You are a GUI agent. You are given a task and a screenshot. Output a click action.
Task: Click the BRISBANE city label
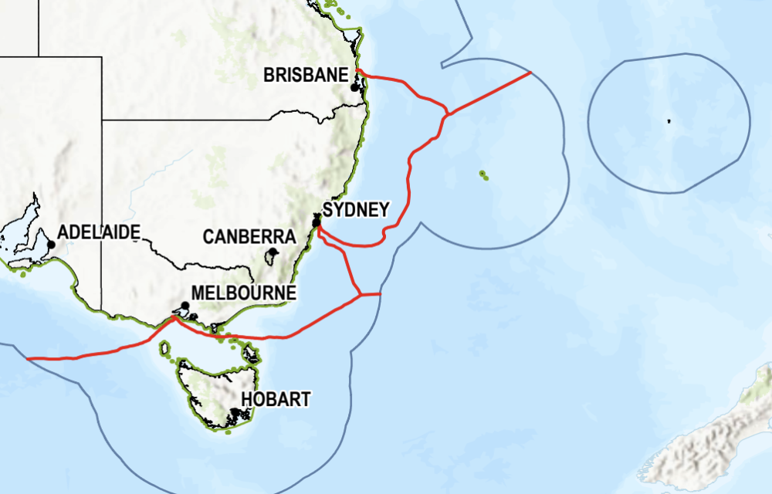(306, 75)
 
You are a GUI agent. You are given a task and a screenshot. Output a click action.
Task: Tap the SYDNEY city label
(356, 210)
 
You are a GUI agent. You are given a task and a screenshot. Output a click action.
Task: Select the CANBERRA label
(249, 237)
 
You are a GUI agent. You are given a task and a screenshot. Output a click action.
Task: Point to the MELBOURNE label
(243, 293)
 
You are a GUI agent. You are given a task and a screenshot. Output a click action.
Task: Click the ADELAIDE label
(99, 231)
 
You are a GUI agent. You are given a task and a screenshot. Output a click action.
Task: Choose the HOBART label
(276, 399)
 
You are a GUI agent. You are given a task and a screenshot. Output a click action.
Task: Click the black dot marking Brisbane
(354, 87)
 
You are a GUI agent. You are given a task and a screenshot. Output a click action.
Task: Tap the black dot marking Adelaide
(51, 245)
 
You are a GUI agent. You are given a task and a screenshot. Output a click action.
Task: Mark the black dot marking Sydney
(316, 223)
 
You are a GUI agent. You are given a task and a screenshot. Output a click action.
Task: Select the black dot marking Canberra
(273, 252)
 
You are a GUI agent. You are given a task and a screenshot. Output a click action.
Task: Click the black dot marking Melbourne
(185, 306)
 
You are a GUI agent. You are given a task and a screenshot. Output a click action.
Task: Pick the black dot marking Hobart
(234, 412)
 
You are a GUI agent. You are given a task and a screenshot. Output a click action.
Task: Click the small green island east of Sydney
(484, 174)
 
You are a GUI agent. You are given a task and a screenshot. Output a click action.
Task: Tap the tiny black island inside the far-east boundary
(669, 120)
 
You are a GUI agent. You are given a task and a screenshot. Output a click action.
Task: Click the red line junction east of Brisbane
(447, 114)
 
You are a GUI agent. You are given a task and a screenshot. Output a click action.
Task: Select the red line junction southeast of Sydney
(360, 294)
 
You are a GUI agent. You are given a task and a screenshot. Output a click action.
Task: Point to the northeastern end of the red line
(530, 73)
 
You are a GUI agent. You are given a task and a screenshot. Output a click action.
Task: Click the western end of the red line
(28, 358)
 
